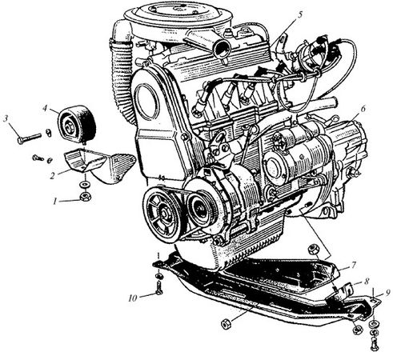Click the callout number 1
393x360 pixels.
55,201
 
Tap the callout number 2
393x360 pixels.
53,175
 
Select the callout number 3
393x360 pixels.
6,119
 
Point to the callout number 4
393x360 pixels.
45,109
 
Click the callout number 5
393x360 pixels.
300,14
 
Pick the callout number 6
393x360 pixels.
363,109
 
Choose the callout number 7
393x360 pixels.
354,265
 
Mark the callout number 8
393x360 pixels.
367,281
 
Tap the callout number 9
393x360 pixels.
387,293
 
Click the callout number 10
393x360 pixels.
133,298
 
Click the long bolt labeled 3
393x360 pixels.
30,138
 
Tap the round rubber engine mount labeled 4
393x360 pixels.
77,124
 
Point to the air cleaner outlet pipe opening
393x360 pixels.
222,49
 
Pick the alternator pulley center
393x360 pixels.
199,209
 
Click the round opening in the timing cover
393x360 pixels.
147,102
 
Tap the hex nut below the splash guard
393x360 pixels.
226,323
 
